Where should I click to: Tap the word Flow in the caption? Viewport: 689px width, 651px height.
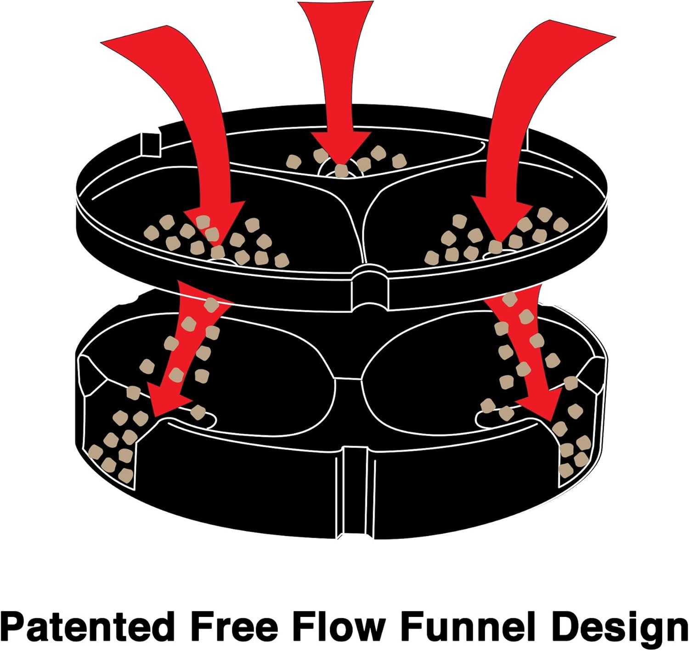coord(338,626)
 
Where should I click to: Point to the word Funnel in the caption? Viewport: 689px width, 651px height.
coord(469,626)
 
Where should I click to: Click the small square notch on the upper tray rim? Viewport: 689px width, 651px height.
coord(151,142)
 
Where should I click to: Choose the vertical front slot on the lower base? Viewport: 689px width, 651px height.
coord(355,491)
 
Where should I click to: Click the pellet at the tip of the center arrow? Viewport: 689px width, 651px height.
coord(341,171)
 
